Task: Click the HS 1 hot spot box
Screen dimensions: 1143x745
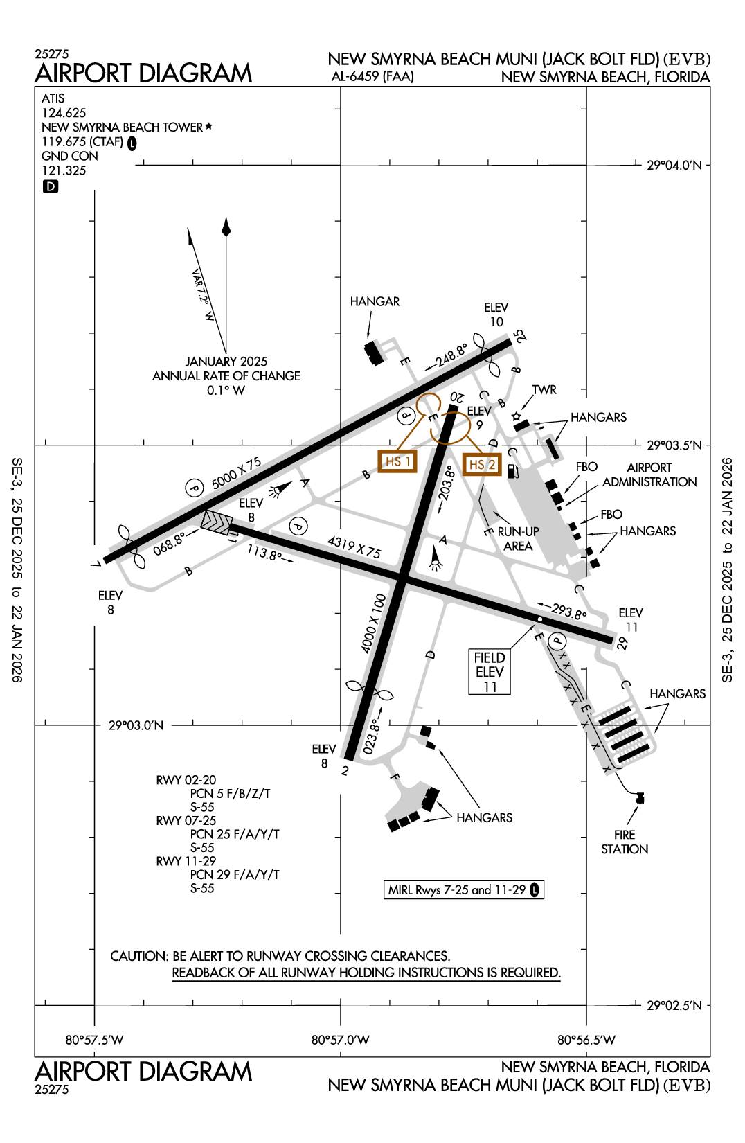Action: pyautogui.click(x=397, y=461)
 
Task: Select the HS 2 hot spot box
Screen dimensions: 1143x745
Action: pyautogui.click(x=482, y=465)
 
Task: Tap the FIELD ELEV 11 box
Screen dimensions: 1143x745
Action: pyautogui.click(x=490, y=671)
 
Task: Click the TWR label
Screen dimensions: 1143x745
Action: pyautogui.click(x=544, y=390)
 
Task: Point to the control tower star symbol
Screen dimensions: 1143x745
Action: pyautogui.click(x=516, y=416)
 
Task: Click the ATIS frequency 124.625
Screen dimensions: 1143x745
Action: pyautogui.click(x=64, y=113)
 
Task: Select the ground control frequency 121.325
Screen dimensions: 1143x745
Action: pyautogui.click(x=64, y=170)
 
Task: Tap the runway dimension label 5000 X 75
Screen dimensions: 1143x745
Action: pyautogui.click(x=236, y=473)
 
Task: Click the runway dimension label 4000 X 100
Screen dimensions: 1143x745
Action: pyautogui.click(x=373, y=623)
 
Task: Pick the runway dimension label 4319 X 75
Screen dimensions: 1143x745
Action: pyautogui.click(x=354, y=547)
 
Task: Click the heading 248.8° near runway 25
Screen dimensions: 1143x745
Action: pyautogui.click(x=451, y=356)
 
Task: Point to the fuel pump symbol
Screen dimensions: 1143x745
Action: pyautogui.click(x=513, y=472)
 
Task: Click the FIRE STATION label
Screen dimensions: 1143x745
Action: pyautogui.click(x=625, y=842)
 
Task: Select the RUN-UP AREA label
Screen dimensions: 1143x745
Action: pyautogui.click(x=518, y=538)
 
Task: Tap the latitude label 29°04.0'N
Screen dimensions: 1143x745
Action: pyautogui.click(x=674, y=166)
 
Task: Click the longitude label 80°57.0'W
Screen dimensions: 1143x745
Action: pyautogui.click(x=340, y=1040)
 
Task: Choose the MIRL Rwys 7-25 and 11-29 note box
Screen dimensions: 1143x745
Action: pyautogui.click(x=463, y=890)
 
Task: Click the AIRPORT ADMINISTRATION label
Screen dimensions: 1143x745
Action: pyautogui.click(x=649, y=475)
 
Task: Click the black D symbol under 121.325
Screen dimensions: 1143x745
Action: pyautogui.click(x=51, y=186)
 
